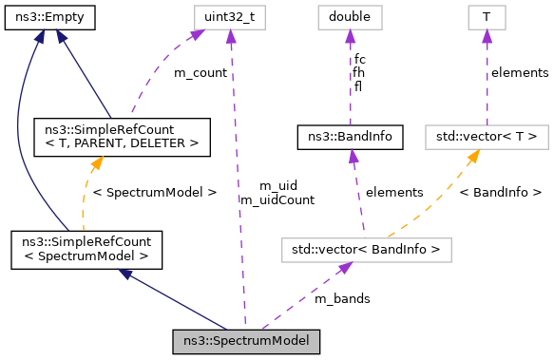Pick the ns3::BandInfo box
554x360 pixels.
coord(350,137)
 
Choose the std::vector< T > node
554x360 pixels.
coord(486,137)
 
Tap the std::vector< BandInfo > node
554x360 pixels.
coord(366,250)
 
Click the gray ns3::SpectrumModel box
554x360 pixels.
coord(246,339)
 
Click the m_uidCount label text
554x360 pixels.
coord(277,199)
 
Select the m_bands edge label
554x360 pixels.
coord(342,298)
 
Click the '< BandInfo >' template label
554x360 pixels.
coord(500,192)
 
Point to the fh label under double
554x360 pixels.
coord(358,72)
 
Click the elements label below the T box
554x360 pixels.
coord(519,72)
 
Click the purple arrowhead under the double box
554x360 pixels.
coord(350,35)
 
